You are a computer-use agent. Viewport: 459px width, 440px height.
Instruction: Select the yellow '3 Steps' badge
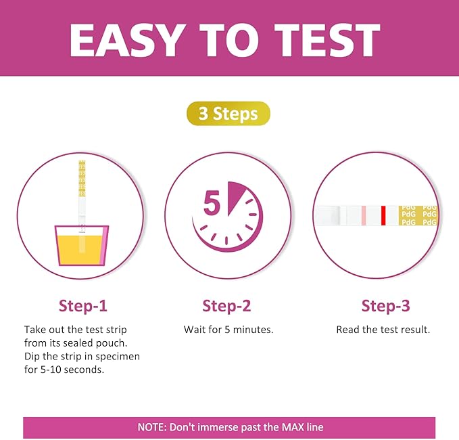click(x=228, y=113)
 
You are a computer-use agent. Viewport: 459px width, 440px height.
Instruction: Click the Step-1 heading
click(x=82, y=305)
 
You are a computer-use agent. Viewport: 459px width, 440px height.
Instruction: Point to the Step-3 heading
click(x=385, y=305)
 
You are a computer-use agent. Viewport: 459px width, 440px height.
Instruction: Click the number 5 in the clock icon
click(x=212, y=204)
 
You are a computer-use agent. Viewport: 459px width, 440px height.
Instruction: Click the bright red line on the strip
click(x=383, y=216)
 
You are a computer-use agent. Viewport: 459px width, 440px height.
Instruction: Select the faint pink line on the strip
click(x=363, y=216)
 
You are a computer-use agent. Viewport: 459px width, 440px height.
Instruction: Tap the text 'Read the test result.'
click(x=383, y=330)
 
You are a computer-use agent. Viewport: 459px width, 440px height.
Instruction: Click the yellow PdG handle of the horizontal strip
click(x=418, y=216)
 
